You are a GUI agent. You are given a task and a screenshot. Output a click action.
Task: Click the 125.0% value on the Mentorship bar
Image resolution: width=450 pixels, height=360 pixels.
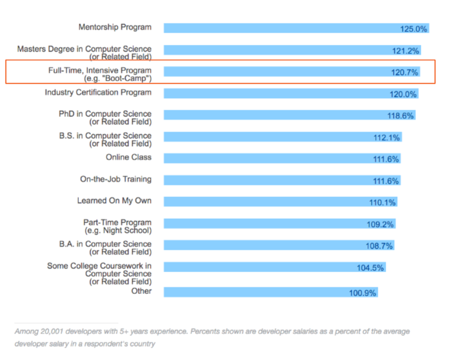click(414, 28)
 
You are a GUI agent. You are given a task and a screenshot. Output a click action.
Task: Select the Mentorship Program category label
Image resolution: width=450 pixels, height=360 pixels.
click(115, 27)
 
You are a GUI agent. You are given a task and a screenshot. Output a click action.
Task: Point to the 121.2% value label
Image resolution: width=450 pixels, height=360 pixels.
click(406, 51)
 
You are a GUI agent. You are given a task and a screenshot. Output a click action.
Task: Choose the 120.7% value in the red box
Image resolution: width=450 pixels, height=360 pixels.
click(405, 73)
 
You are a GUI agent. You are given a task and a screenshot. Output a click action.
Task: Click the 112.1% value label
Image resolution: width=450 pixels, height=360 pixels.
click(387, 138)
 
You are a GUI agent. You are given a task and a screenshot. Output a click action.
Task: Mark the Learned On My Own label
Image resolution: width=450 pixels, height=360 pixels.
click(114, 201)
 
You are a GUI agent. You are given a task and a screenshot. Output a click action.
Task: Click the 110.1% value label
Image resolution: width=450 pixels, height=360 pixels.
click(383, 202)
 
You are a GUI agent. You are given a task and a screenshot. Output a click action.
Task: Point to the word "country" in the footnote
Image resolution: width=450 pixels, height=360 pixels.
click(142, 344)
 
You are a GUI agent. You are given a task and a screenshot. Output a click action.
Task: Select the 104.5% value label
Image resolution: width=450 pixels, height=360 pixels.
click(371, 268)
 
